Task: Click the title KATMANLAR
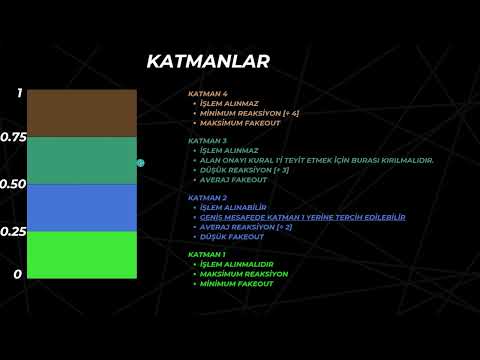pyautogui.click(x=207, y=62)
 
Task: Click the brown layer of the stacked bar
pyautogui.click(x=82, y=113)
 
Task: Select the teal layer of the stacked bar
pyautogui.click(x=82, y=160)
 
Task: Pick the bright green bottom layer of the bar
pyautogui.click(x=82, y=254)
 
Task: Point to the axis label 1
pyautogui.click(x=18, y=93)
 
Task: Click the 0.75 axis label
pyautogui.click(x=13, y=137)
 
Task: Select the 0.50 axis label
pyautogui.click(x=13, y=184)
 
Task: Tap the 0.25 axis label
pyautogui.click(x=13, y=231)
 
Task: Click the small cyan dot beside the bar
pyautogui.click(x=141, y=162)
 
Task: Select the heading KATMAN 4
pyautogui.click(x=209, y=93)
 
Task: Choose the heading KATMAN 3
pyautogui.click(x=209, y=141)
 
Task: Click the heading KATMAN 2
pyautogui.click(x=209, y=198)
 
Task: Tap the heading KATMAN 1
pyautogui.click(x=209, y=255)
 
